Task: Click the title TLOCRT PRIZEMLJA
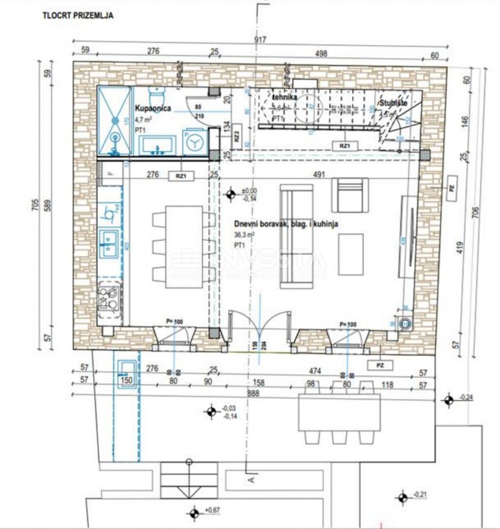tap(78, 16)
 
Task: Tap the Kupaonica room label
tap(152, 108)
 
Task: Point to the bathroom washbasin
tap(157, 145)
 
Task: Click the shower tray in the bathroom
tap(115, 120)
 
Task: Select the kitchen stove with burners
tap(109, 298)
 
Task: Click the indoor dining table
tap(184, 247)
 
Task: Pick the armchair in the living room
tap(350, 194)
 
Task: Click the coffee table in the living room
tap(351, 254)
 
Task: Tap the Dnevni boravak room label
tap(286, 224)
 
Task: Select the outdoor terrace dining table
tap(339, 412)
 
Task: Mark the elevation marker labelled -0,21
tap(403, 498)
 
